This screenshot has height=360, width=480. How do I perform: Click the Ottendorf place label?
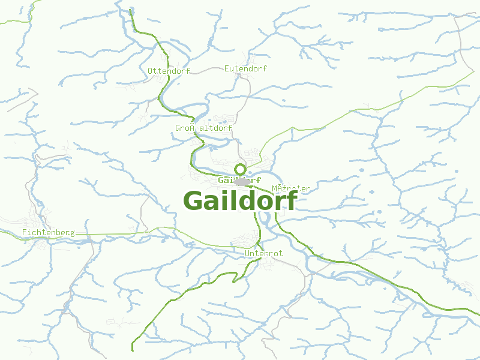coord(169,71)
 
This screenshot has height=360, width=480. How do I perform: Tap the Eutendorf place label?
coord(245,68)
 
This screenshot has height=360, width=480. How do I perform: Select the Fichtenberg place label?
coord(48,232)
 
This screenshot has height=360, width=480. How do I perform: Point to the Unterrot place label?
coord(264,254)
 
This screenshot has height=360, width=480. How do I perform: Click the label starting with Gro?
coord(204,128)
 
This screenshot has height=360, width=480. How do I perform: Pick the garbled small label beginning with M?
coord(291,188)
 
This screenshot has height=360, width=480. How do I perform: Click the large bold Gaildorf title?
coord(240,201)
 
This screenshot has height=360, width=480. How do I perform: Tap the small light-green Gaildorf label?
coord(239,180)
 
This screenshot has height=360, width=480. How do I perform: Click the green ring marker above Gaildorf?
coord(241,169)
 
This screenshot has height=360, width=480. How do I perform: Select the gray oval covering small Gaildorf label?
coord(243,181)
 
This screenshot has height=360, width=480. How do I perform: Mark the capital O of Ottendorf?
coord(151,71)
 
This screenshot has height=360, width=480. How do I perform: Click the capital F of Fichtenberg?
coord(24,232)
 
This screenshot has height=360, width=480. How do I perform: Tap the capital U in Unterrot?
coord(248,254)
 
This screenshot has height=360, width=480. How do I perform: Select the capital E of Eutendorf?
coord(227,68)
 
